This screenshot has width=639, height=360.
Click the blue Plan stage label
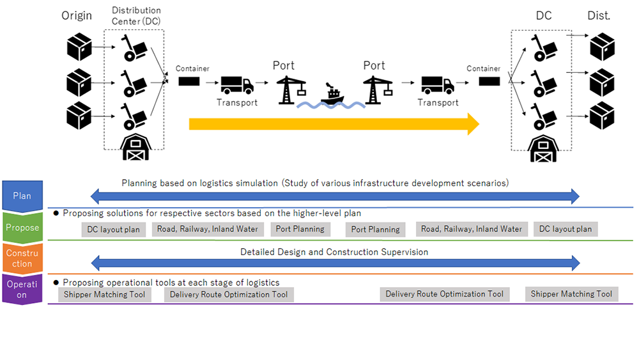pos(22,196)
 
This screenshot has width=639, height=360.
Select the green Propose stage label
pos(22,228)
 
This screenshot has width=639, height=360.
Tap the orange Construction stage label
pos(22,258)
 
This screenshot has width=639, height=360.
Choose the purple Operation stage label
pos(22,289)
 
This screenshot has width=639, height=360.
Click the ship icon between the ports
pos(332,94)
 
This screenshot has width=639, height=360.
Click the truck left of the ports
pos(236,85)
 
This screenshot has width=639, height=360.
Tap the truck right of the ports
pos(437,85)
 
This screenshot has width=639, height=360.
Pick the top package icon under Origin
pos(79,48)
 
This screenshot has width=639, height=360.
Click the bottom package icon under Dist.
pos(601,116)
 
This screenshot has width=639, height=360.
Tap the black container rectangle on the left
pos(189,82)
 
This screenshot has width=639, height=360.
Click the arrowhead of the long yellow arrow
pos(473,123)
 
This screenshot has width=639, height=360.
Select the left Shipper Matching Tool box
pos(104,295)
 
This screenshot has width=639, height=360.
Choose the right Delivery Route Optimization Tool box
pos(445,294)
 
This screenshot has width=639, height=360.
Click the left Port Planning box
pos(300,229)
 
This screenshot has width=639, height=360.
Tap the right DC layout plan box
pos(566,229)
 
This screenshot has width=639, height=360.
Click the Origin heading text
pos(77,15)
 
